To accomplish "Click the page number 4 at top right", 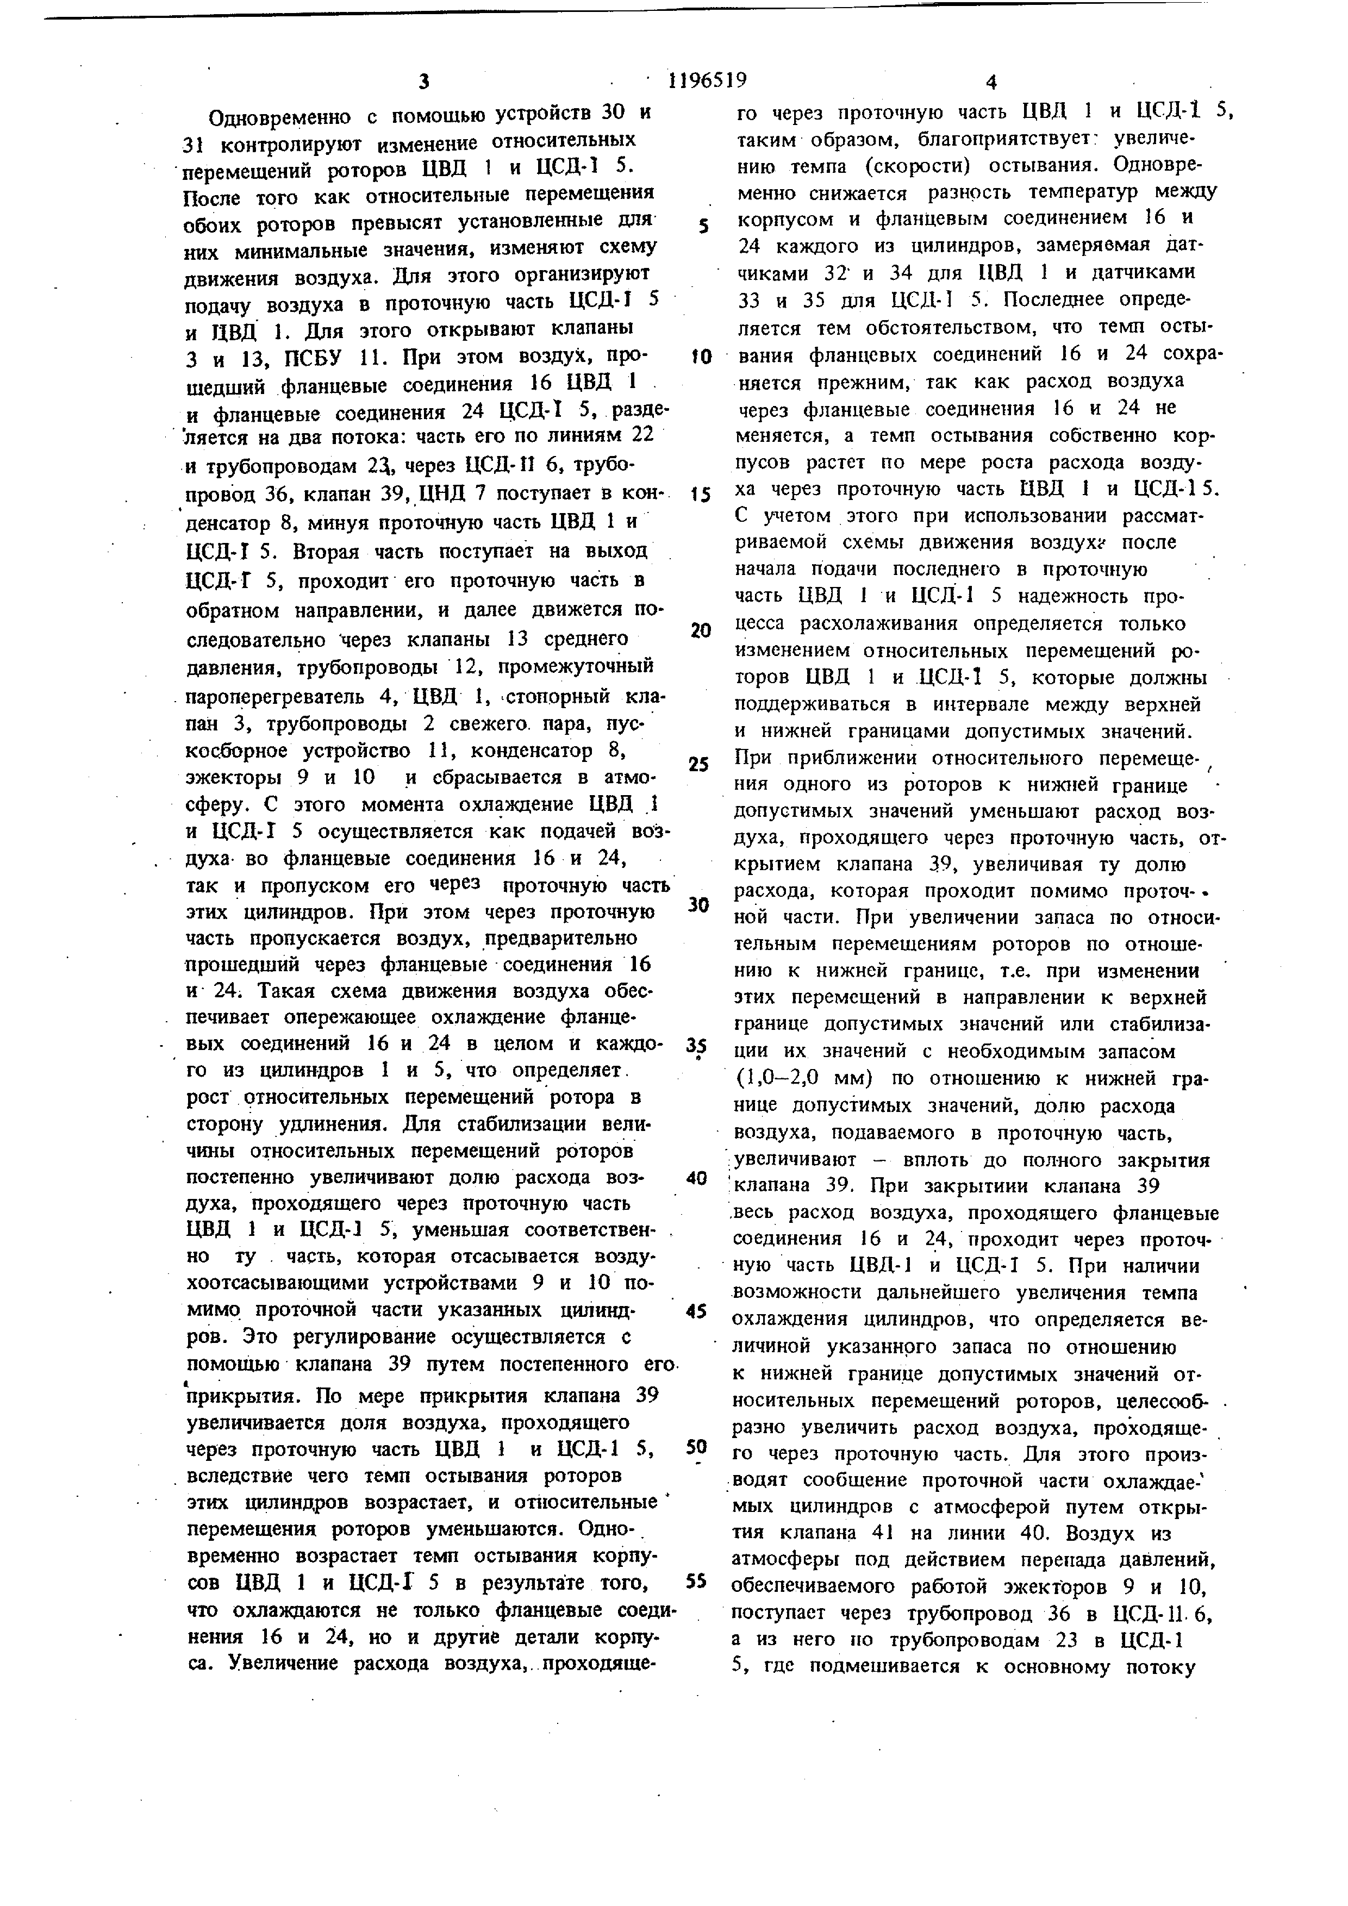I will (x=990, y=82).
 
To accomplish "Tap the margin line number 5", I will (x=702, y=226).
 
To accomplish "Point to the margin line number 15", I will (x=701, y=495).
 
